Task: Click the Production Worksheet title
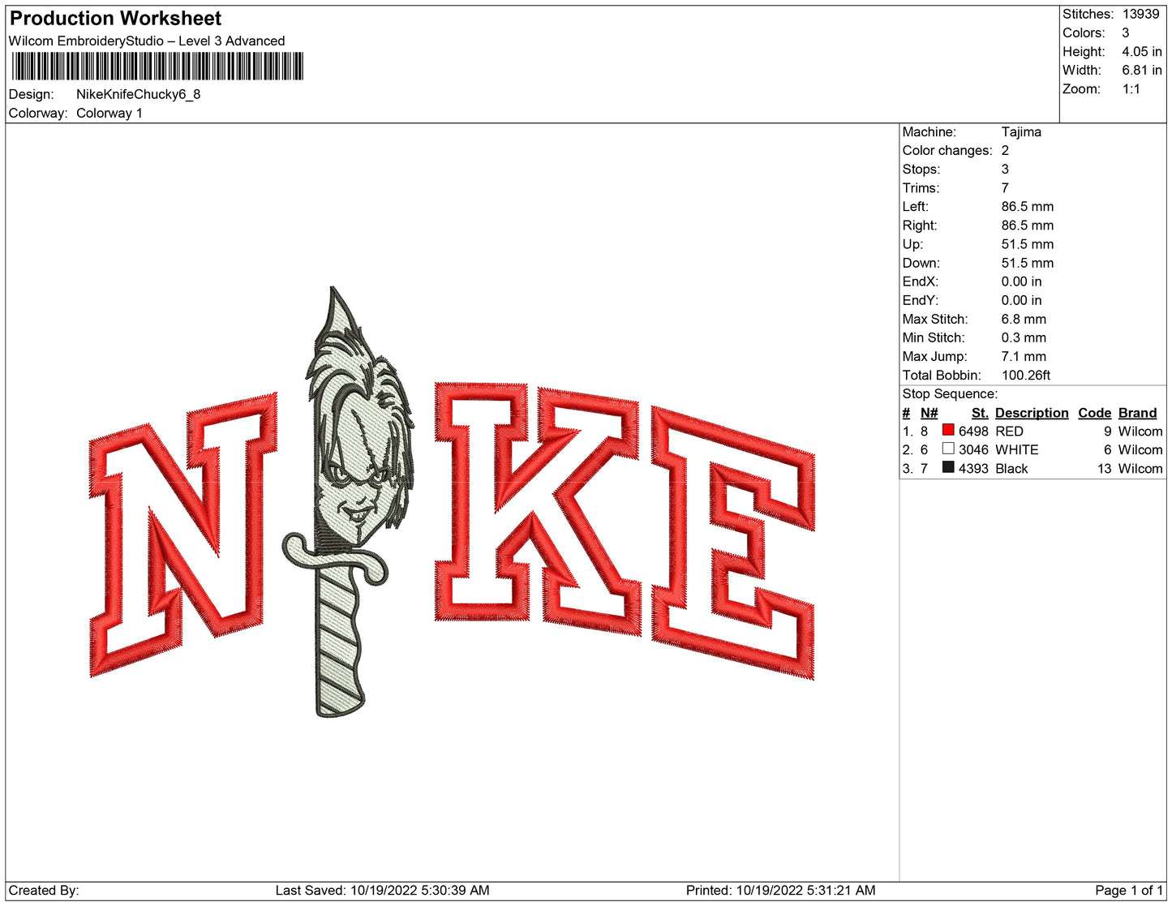(115, 19)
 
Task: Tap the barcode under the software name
(157, 67)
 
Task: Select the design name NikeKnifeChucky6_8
(138, 94)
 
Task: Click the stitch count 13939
(1140, 14)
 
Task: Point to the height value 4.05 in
(1142, 52)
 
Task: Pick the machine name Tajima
(1021, 132)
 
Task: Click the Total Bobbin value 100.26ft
(1025, 376)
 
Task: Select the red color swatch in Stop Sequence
(947, 430)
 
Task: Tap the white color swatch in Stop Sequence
(947, 448)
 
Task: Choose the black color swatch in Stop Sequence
(947, 467)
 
